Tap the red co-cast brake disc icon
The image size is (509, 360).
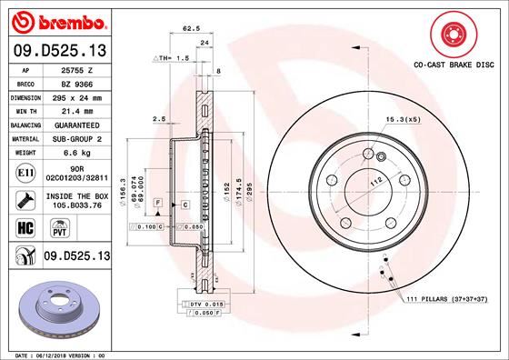click(452, 36)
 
